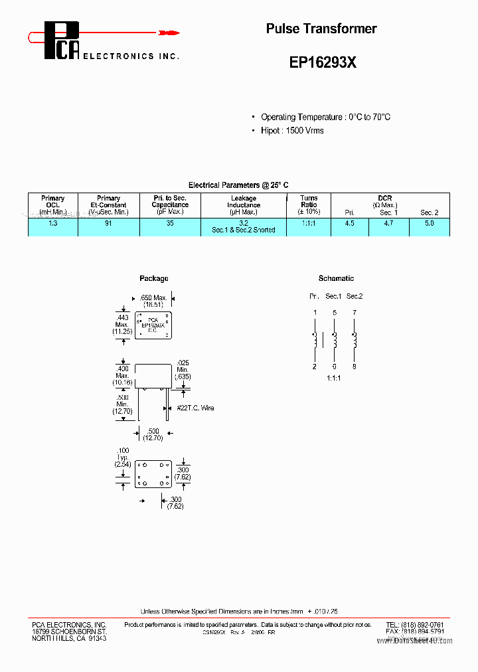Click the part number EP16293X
tap(323, 62)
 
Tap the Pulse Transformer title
tap(321, 29)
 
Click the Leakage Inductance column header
tap(243, 205)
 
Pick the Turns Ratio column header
tap(309, 205)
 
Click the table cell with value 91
tap(108, 224)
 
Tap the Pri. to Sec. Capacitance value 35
tap(170, 224)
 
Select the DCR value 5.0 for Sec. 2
tap(429, 224)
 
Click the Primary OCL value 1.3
tap(53, 224)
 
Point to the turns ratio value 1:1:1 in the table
tap(309, 224)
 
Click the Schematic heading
tap(336, 278)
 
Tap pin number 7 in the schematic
tap(355, 312)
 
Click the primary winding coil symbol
tap(315, 339)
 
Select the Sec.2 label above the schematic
tap(355, 296)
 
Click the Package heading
tap(154, 278)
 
